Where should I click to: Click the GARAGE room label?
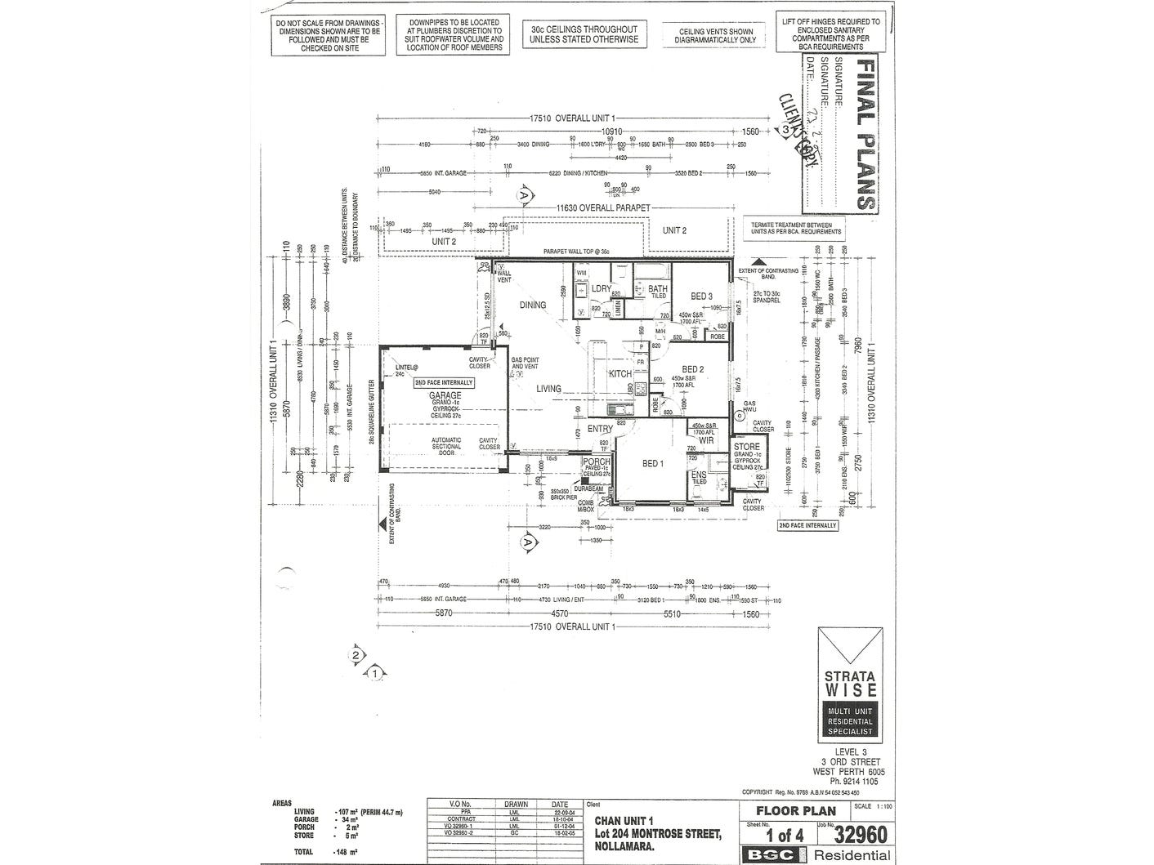point(446,395)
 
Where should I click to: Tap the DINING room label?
point(533,305)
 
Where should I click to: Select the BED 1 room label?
point(652,464)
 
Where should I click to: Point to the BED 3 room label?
point(702,296)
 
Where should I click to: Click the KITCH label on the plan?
point(619,373)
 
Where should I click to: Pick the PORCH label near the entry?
point(596,461)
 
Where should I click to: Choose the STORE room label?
point(746,447)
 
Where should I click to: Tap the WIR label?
point(706,440)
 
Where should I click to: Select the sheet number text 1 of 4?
point(783,836)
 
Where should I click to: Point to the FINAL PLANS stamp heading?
point(864,134)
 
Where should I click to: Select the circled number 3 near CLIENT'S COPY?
point(785,129)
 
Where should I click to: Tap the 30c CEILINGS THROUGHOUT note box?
point(583,34)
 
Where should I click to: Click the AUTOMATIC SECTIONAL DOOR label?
point(446,446)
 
